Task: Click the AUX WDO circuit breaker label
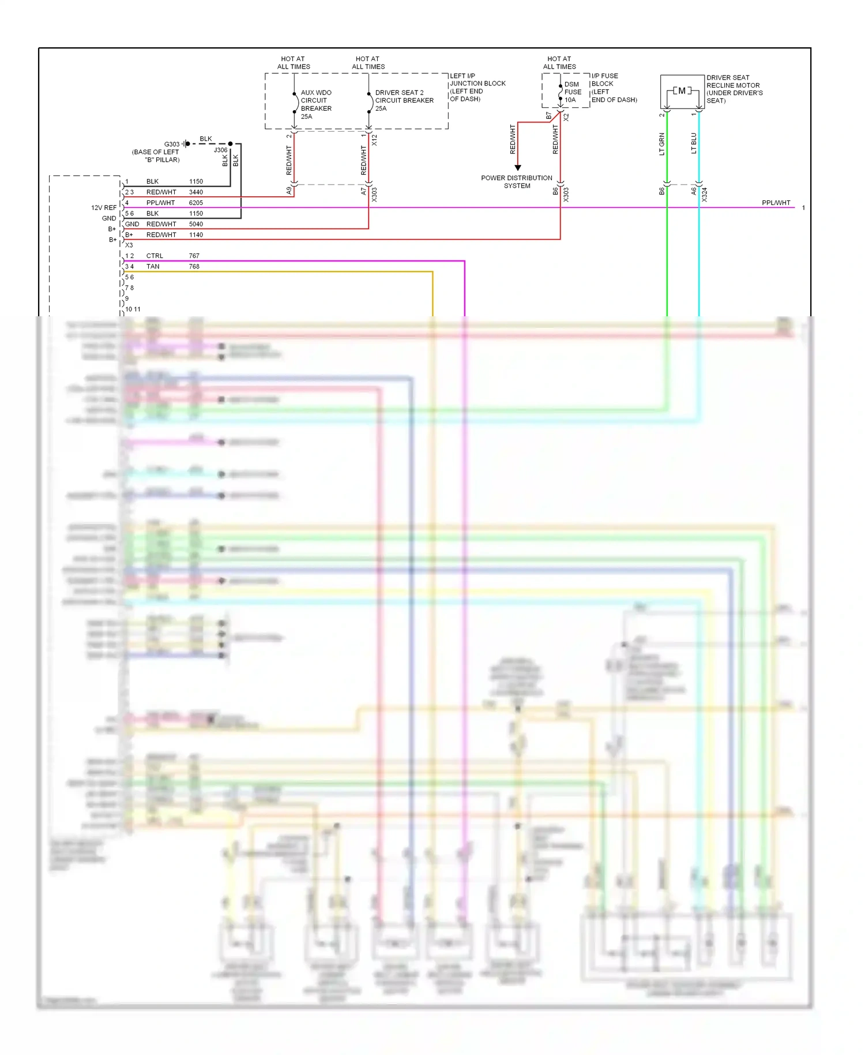click(x=315, y=104)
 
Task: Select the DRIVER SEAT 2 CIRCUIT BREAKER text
click(x=404, y=100)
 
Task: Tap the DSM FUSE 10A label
click(x=572, y=92)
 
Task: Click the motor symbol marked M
click(x=682, y=91)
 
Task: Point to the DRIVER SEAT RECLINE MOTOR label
click(x=734, y=89)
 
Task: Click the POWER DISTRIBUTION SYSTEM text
click(x=517, y=182)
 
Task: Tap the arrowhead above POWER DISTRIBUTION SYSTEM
click(x=518, y=167)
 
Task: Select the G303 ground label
click(x=172, y=144)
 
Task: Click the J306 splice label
click(x=220, y=150)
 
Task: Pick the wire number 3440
click(x=196, y=192)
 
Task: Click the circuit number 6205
click(x=196, y=203)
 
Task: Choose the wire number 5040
click(x=196, y=225)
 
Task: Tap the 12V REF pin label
click(x=104, y=208)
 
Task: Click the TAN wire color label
click(x=153, y=267)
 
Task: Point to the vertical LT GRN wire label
click(x=662, y=144)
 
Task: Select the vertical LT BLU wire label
click(x=694, y=144)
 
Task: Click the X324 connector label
click(x=704, y=194)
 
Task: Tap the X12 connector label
click(x=374, y=140)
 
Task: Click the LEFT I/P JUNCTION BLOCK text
click(x=477, y=87)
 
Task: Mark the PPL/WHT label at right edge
click(x=776, y=203)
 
